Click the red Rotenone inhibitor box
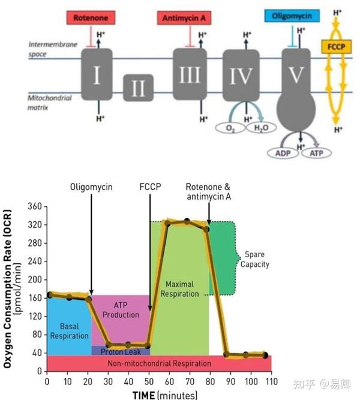click(x=91, y=18)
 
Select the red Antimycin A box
click(x=184, y=18)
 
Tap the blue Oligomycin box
click(x=292, y=16)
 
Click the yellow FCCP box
click(x=336, y=47)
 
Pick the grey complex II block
click(x=139, y=88)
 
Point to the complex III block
click(x=190, y=74)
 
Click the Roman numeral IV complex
click(x=241, y=75)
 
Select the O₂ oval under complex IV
click(x=230, y=128)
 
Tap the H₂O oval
click(x=261, y=127)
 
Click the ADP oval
click(x=283, y=153)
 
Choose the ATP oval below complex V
click(x=316, y=153)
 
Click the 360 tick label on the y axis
click(x=35, y=206)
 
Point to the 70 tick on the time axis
click(x=190, y=381)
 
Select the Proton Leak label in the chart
click(x=121, y=352)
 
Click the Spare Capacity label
click(x=255, y=259)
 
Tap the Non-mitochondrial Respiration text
click(x=160, y=363)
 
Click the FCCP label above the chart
click(x=150, y=187)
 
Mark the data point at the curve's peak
click(x=187, y=221)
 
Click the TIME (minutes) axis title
click(x=165, y=395)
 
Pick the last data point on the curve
click(x=265, y=355)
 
